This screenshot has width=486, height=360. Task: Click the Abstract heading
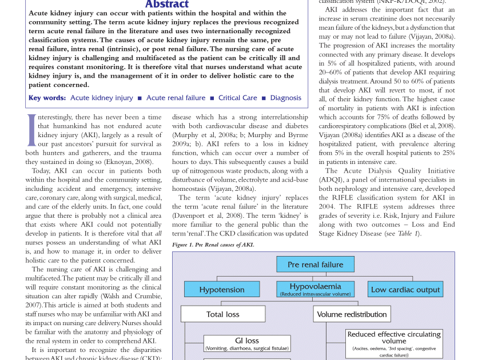tap(166, 5)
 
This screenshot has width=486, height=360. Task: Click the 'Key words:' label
tap(47, 98)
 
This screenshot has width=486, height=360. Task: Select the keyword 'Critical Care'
tap(237, 98)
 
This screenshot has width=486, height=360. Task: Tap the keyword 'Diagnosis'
tap(285, 98)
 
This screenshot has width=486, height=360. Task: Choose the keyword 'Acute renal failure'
tap(176, 98)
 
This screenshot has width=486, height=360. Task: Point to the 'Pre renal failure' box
tap(315, 265)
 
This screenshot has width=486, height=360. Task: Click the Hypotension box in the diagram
tap(222, 289)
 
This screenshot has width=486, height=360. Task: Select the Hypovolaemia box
tap(315, 289)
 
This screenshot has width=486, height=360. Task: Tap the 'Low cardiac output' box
tap(405, 289)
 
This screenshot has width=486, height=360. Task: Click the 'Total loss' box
tap(223, 314)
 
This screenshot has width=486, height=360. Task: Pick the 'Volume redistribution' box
tap(352, 314)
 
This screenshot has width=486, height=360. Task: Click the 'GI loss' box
tap(247, 343)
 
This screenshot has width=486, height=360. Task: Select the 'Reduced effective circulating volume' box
tap(393, 343)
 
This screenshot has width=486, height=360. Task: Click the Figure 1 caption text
tap(213, 245)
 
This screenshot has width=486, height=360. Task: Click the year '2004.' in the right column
tap(328, 206)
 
